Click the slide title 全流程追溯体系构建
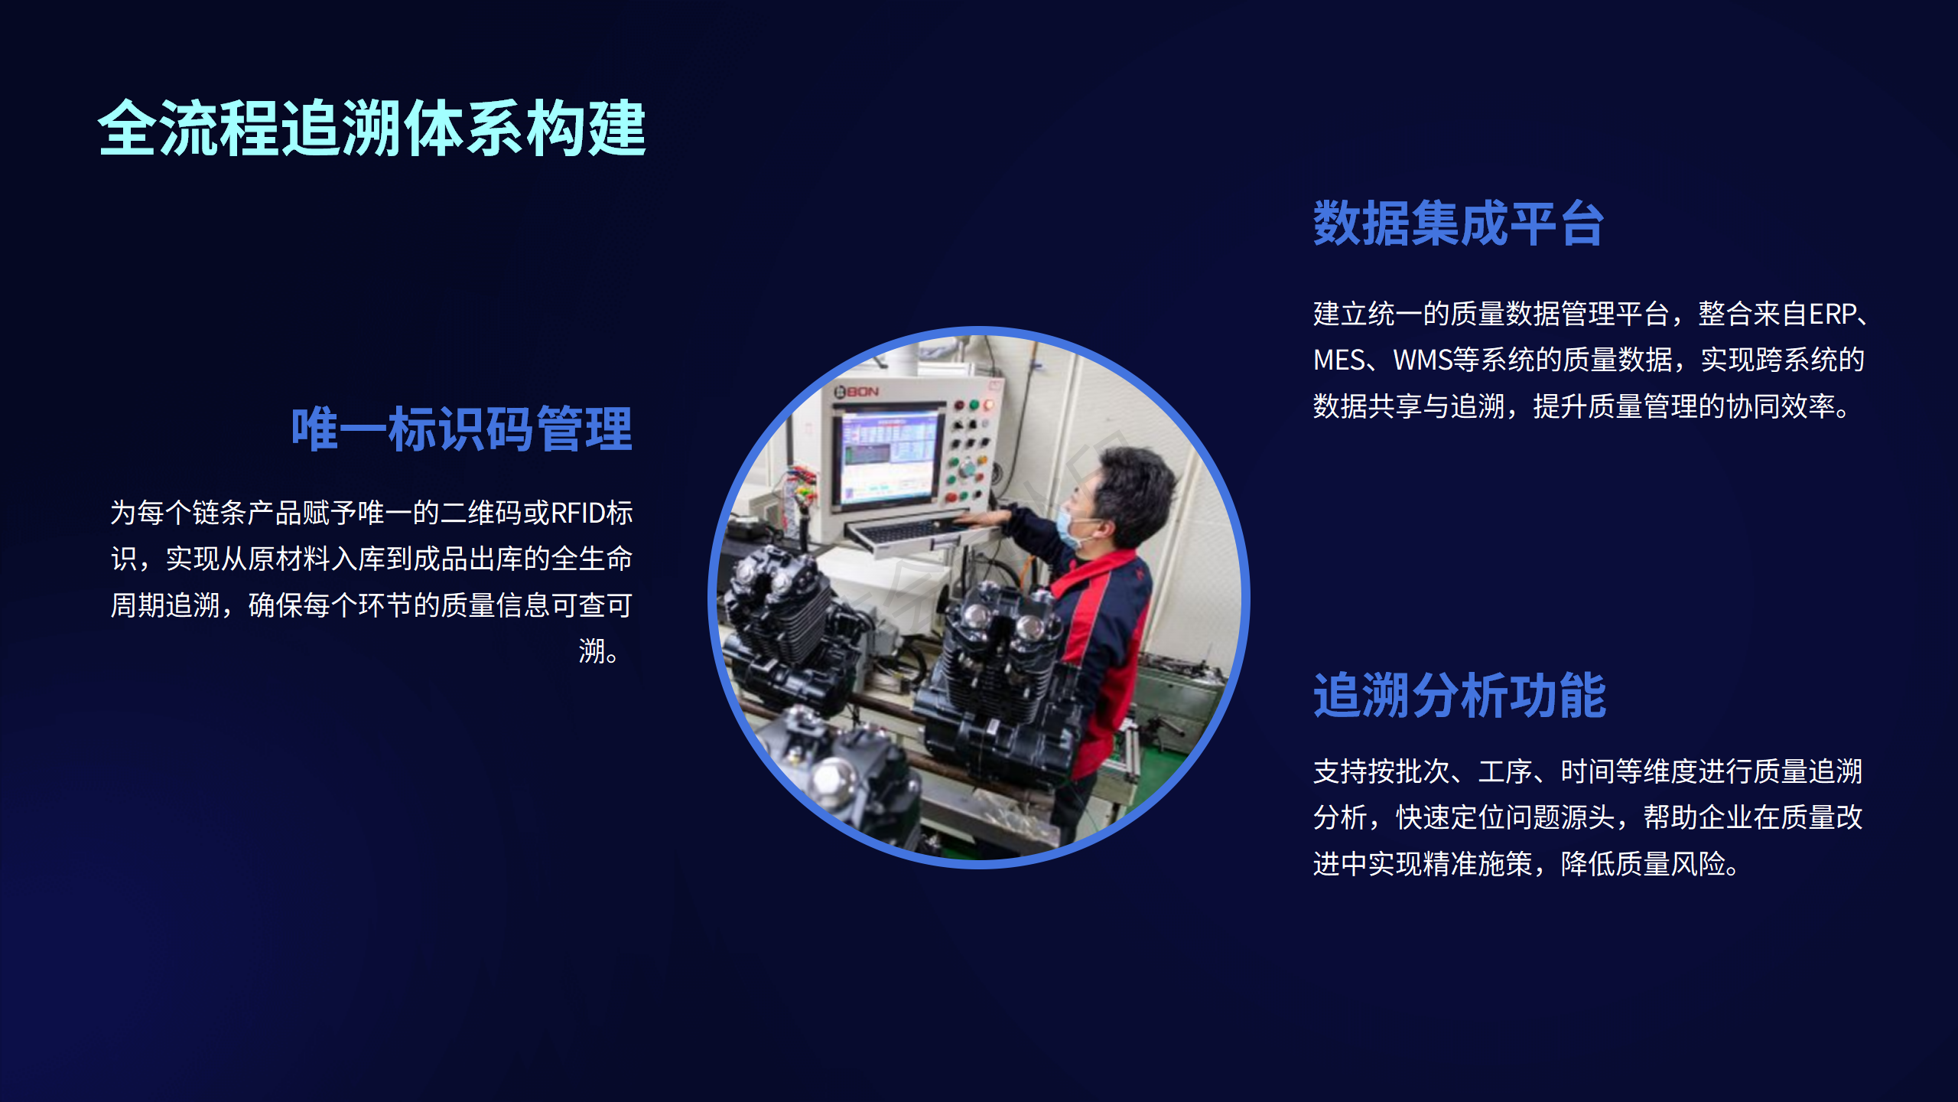tap(372, 128)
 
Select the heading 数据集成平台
tap(1459, 223)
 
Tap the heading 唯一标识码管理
tap(462, 429)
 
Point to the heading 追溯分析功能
tap(1459, 696)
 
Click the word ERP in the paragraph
tap(1832, 315)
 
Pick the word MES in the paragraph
tap(1338, 360)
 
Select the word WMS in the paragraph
tap(1423, 360)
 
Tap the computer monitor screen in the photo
tap(889, 458)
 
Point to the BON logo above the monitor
tap(857, 392)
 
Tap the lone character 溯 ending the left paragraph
tap(592, 652)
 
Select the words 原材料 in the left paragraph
tap(289, 559)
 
